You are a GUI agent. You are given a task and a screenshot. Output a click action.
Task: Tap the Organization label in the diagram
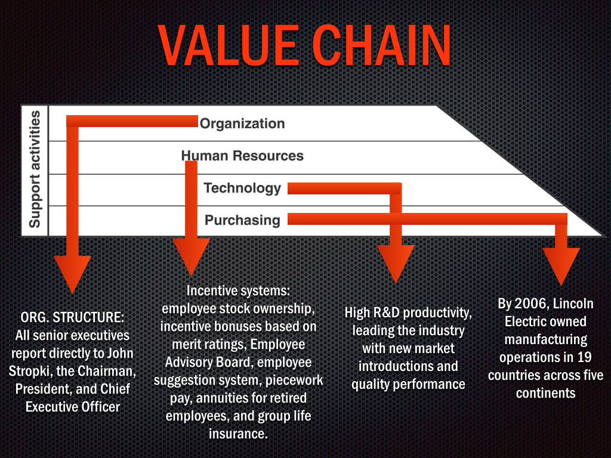click(x=242, y=123)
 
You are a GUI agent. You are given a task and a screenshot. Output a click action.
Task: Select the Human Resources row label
click(x=242, y=156)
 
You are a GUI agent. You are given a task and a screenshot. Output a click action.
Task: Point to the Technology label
click(x=242, y=188)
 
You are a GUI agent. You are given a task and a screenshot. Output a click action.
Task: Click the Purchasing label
click(x=242, y=220)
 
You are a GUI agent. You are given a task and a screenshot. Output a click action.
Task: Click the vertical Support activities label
click(x=35, y=169)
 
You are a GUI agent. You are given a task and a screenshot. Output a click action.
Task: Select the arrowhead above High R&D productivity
click(x=395, y=262)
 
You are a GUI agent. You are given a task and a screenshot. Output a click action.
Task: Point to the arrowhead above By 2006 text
click(x=561, y=265)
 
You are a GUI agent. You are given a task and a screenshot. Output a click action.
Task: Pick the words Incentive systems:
click(x=238, y=291)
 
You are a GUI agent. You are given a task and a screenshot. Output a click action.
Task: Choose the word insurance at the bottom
click(x=238, y=434)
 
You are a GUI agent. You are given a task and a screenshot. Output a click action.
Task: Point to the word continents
click(x=545, y=393)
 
